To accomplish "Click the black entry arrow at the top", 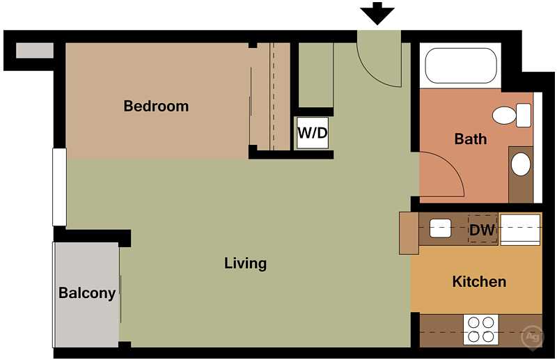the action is coord(377,13).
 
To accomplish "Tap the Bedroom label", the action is coord(156,107).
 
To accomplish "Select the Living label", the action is coord(246,264).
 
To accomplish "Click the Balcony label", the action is coord(87,293).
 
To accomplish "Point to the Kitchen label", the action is coord(479,281).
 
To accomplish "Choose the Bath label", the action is coord(471,139).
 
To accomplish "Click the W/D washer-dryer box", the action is coord(313,133).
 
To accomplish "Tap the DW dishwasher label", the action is coord(482,230).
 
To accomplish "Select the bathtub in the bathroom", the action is coord(461,65).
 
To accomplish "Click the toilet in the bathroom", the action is coord(512,116).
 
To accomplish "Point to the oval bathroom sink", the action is coord(521,164).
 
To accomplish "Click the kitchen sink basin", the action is coord(441,228).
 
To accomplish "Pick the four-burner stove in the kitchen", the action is coord(480,330).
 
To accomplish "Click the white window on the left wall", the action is coord(60,187).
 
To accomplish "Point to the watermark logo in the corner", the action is coord(532,336).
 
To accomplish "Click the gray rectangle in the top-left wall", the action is coord(35,50).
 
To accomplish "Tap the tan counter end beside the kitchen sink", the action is coord(409,233).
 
